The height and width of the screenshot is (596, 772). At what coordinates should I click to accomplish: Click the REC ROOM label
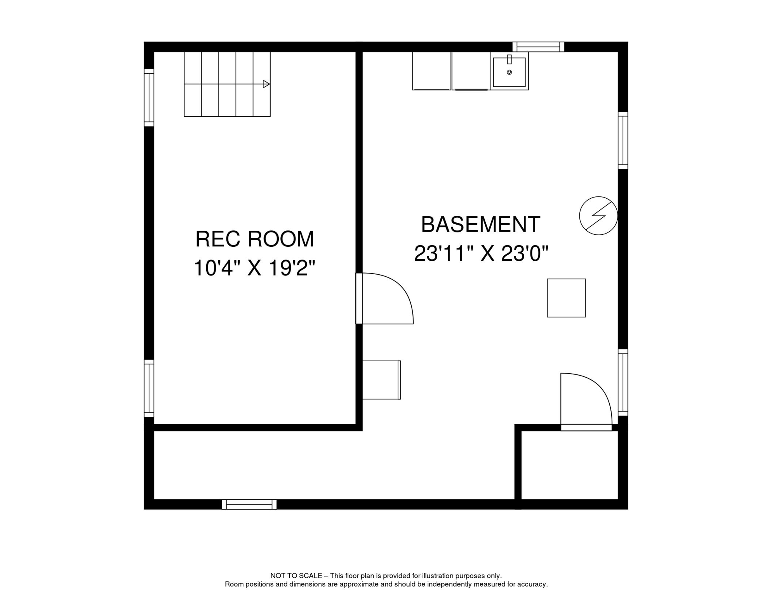pyautogui.click(x=255, y=239)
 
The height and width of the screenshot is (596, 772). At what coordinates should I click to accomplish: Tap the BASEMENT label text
pyautogui.click(x=480, y=225)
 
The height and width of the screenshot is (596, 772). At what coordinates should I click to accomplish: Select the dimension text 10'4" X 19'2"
pyautogui.click(x=254, y=268)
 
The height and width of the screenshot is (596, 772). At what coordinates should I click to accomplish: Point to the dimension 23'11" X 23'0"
pyautogui.click(x=481, y=254)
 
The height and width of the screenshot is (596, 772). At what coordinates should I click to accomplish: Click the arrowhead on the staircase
pyautogui.click(x=266, y=84)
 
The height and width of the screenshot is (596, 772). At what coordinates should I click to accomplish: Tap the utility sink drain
pyautogui.click(x=509, y=73)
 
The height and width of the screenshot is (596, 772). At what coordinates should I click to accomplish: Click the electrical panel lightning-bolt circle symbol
pyautogui.click(x=598, y=216)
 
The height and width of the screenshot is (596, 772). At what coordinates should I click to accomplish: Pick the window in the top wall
pyautogui.click(x=538, y=47)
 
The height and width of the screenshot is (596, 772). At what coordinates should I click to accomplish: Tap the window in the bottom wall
pyautogui.click(x=249, y=504)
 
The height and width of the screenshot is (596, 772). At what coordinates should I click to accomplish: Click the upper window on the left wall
pyautogui.click(x=149, y=98)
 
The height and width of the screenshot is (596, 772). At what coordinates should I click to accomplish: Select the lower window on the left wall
pyautogui.click(x=149, y=388)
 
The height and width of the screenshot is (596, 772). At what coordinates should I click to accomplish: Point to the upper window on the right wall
pyautogui.click(x=622, y=140)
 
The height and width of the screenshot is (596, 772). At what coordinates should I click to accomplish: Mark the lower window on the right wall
pyautogui.click(x=622, y=383)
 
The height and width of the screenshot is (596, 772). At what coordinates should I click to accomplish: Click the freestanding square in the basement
pyautogui.click(x=566, y=298)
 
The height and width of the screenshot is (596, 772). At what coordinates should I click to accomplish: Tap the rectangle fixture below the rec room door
pyautogui.click(x=381, y=380)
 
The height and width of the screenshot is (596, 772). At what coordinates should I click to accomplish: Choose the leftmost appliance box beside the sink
pyautogui.click(x=431, y=71)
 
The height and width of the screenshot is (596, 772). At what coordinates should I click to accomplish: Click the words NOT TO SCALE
pyautogui.click(x=296, y=576)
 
